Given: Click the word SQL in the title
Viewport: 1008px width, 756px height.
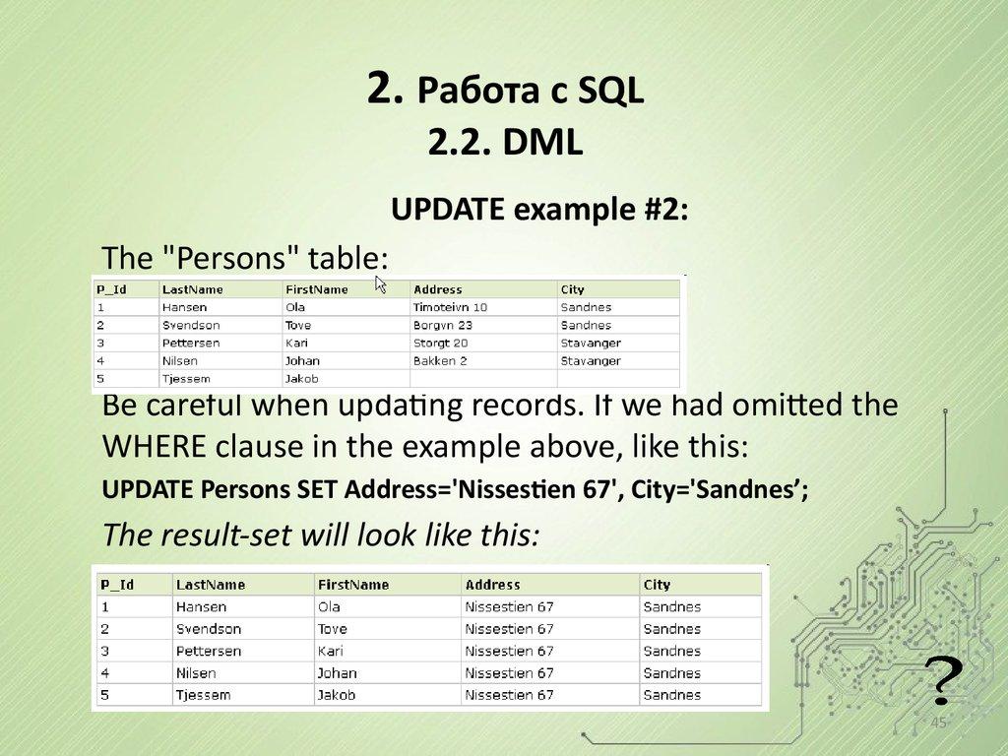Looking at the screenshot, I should [x=610, y=92].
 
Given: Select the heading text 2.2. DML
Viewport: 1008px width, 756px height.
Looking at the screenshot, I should [x=506, y=144].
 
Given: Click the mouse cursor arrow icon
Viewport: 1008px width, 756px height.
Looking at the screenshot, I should [x=381, y=284].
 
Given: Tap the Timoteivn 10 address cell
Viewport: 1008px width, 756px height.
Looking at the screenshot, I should [x=450, y=307].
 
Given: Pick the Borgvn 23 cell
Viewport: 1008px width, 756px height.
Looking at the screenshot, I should [x=443, y=325].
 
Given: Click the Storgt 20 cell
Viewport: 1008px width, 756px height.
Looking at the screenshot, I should [x=440, y=343].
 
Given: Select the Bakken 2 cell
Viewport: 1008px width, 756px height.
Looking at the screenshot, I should [x=440, y=361].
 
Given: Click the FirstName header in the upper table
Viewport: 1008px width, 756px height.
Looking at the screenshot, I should [x=316, y=289].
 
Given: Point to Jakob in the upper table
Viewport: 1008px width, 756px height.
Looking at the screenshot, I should [x=302, y=379].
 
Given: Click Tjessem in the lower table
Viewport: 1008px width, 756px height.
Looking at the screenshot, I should [x=203, y=695].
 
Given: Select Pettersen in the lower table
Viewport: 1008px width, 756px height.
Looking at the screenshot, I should [x=208, y=651].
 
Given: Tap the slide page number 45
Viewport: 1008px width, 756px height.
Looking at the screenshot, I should [x=938, y=724].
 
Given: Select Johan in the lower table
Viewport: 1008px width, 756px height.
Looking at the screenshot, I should [x=337, y=673].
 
